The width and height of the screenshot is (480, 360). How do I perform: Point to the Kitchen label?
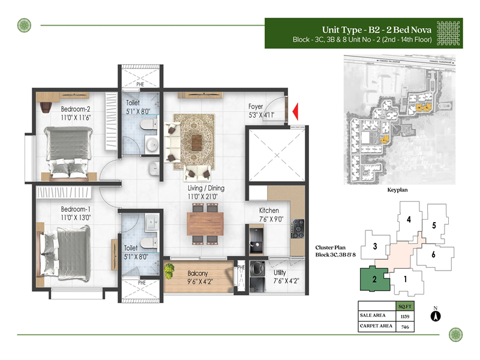click(269, 211)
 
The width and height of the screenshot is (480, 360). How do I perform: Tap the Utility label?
click(278, 272)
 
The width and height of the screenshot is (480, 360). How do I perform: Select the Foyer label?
click(256, 107)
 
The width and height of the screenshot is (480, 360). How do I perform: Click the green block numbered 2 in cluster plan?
click(373, 280)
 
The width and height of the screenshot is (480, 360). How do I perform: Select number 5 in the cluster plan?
click(433, 226)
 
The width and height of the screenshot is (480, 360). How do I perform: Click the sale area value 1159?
click(404, 315)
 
